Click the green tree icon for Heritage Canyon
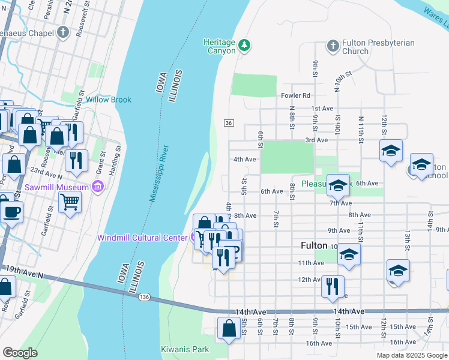pyautogui.click(x=244, y=45)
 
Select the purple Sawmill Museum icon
pyautogui.click(x=99, y=188)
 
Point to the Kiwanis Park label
pyautogui.click(x=184, y=349)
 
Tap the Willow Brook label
pyautogui.click(x=108, y=100)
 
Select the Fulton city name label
pyautogui.click(x=313, y=246)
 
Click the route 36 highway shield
pyautogui.click(x=229, y=122)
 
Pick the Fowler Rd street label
pyautogui.click(x=295, y=95)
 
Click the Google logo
pyautogui.click(x=20, y=353)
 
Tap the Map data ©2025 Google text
pyautogui.click(x=411, y=355)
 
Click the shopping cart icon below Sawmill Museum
pyautogui.click(x=70, y=204)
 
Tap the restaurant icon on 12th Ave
pyautogui.click(x=333, y=286)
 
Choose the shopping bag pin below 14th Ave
pyautogui.click(x=229, y=329)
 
